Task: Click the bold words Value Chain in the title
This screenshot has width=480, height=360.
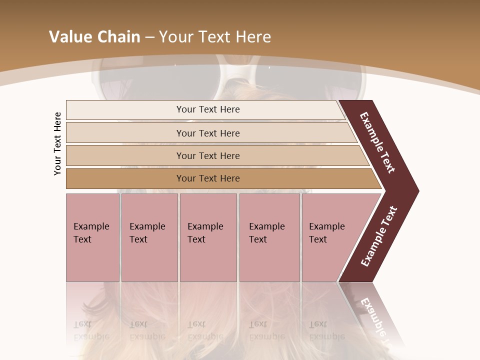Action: click(x=94, y=37)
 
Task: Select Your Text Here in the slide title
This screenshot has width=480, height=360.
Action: click(x=215, y=37)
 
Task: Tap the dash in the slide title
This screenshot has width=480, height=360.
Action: click(x=149, y=37)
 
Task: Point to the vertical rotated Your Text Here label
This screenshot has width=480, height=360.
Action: click(x=58, y=143)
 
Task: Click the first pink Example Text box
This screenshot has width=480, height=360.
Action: click(x=92, y=237)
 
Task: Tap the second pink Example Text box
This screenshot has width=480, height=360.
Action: click(x=149, y=237)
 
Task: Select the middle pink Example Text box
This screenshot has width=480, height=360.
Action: click(x=208, y=237)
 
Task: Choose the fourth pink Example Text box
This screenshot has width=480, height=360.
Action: click(x=269, y=237)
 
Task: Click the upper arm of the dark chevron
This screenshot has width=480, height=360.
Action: click(x=377, y=143)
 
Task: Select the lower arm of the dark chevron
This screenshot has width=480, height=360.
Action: click(x=379, y=236)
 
